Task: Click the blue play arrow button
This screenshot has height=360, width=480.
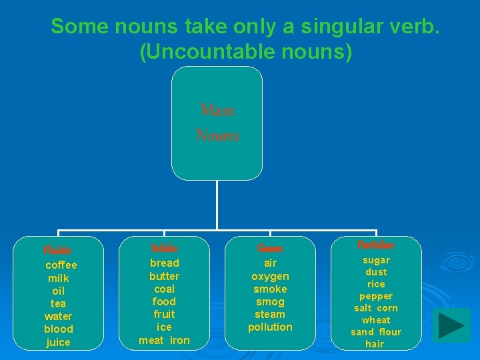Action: tap(451, 325)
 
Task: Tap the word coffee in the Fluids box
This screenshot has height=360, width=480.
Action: tap(61, 265)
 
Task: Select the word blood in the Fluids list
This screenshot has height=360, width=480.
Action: tap(59, 329)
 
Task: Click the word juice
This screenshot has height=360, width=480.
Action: tap(59, 342)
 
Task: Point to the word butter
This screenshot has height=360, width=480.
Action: tap(164, 276)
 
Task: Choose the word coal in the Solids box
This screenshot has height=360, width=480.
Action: tap(164, 289)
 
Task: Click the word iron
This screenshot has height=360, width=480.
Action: tap(179, 340)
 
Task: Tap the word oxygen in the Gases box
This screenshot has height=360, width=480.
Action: tap(270, 276)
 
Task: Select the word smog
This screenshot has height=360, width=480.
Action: tap(270, 301)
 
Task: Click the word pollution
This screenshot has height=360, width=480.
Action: tap(270, 327)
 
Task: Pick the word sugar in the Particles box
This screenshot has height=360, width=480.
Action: tap(376, 260)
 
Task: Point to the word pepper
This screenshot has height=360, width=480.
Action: tap(376, 296)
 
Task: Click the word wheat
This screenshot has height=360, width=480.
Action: tap(376, 320)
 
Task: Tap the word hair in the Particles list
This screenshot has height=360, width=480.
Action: tap(375, 344)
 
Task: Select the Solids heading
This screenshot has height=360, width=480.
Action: tap(164, 248)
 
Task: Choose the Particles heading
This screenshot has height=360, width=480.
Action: tap(375, 245)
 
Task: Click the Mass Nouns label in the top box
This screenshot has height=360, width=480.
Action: tap(217, 123)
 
